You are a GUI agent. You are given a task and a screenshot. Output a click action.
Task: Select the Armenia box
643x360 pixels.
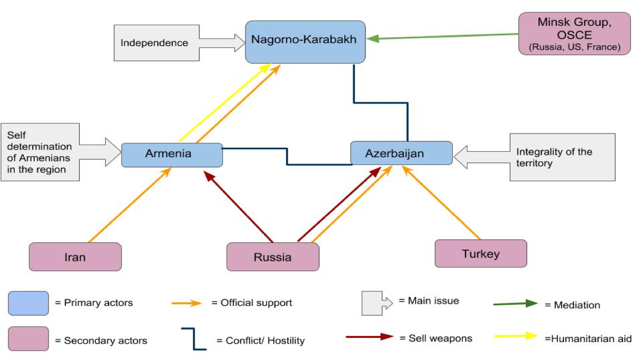(x=172, y=155)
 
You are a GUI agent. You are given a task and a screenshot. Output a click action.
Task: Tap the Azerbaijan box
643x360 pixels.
(x=401, y=153)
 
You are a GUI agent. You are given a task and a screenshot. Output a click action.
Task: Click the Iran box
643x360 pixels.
(x=75, y=257)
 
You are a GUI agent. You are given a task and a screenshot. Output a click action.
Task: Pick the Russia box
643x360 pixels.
(x=272, y=257)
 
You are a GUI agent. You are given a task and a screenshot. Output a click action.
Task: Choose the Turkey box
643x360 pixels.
(x=481, y=254)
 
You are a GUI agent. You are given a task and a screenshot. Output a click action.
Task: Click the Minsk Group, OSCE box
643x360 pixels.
(x=574, y=34)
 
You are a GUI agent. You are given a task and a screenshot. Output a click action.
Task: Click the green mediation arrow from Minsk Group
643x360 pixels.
(x=442, y=36)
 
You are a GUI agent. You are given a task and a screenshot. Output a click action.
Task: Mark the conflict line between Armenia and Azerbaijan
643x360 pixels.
(x=287, y=157)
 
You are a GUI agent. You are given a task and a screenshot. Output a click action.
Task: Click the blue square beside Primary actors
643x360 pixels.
(x=28, y=303)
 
